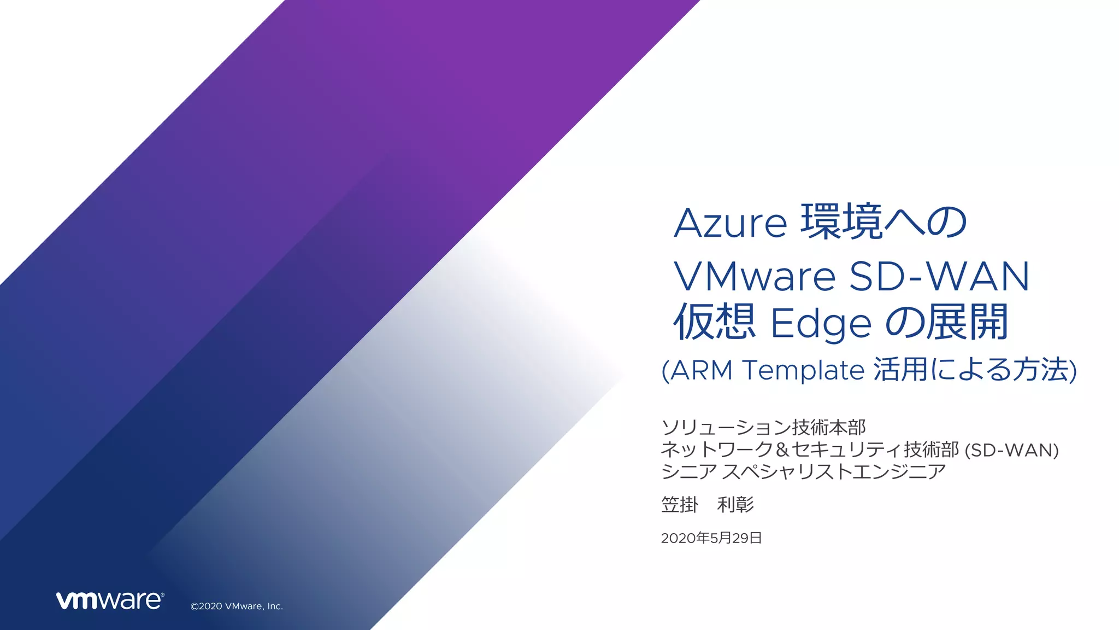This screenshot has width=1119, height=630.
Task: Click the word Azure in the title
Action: pos(730,223)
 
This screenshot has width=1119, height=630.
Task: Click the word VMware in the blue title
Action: pos(755,276)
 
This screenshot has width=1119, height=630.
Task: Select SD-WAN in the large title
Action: pos(939,276)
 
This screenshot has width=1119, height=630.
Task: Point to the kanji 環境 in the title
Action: pos(842,221)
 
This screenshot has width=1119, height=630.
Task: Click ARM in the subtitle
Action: pos(701,370)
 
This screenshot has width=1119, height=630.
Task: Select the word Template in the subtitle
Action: pos(803,370)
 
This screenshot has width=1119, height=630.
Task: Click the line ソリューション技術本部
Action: pos(763,427)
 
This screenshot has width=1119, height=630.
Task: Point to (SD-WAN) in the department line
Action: pos(1012,451)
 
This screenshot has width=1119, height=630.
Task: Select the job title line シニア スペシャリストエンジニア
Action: pos(803,472)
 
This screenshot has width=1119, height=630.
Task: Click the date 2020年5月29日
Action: pos(711,538)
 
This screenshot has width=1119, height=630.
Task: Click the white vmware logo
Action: pos(109,600)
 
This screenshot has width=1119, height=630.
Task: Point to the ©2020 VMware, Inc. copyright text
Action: pos(237,606)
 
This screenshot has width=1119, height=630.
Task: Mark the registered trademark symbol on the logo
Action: pos(162,594)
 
